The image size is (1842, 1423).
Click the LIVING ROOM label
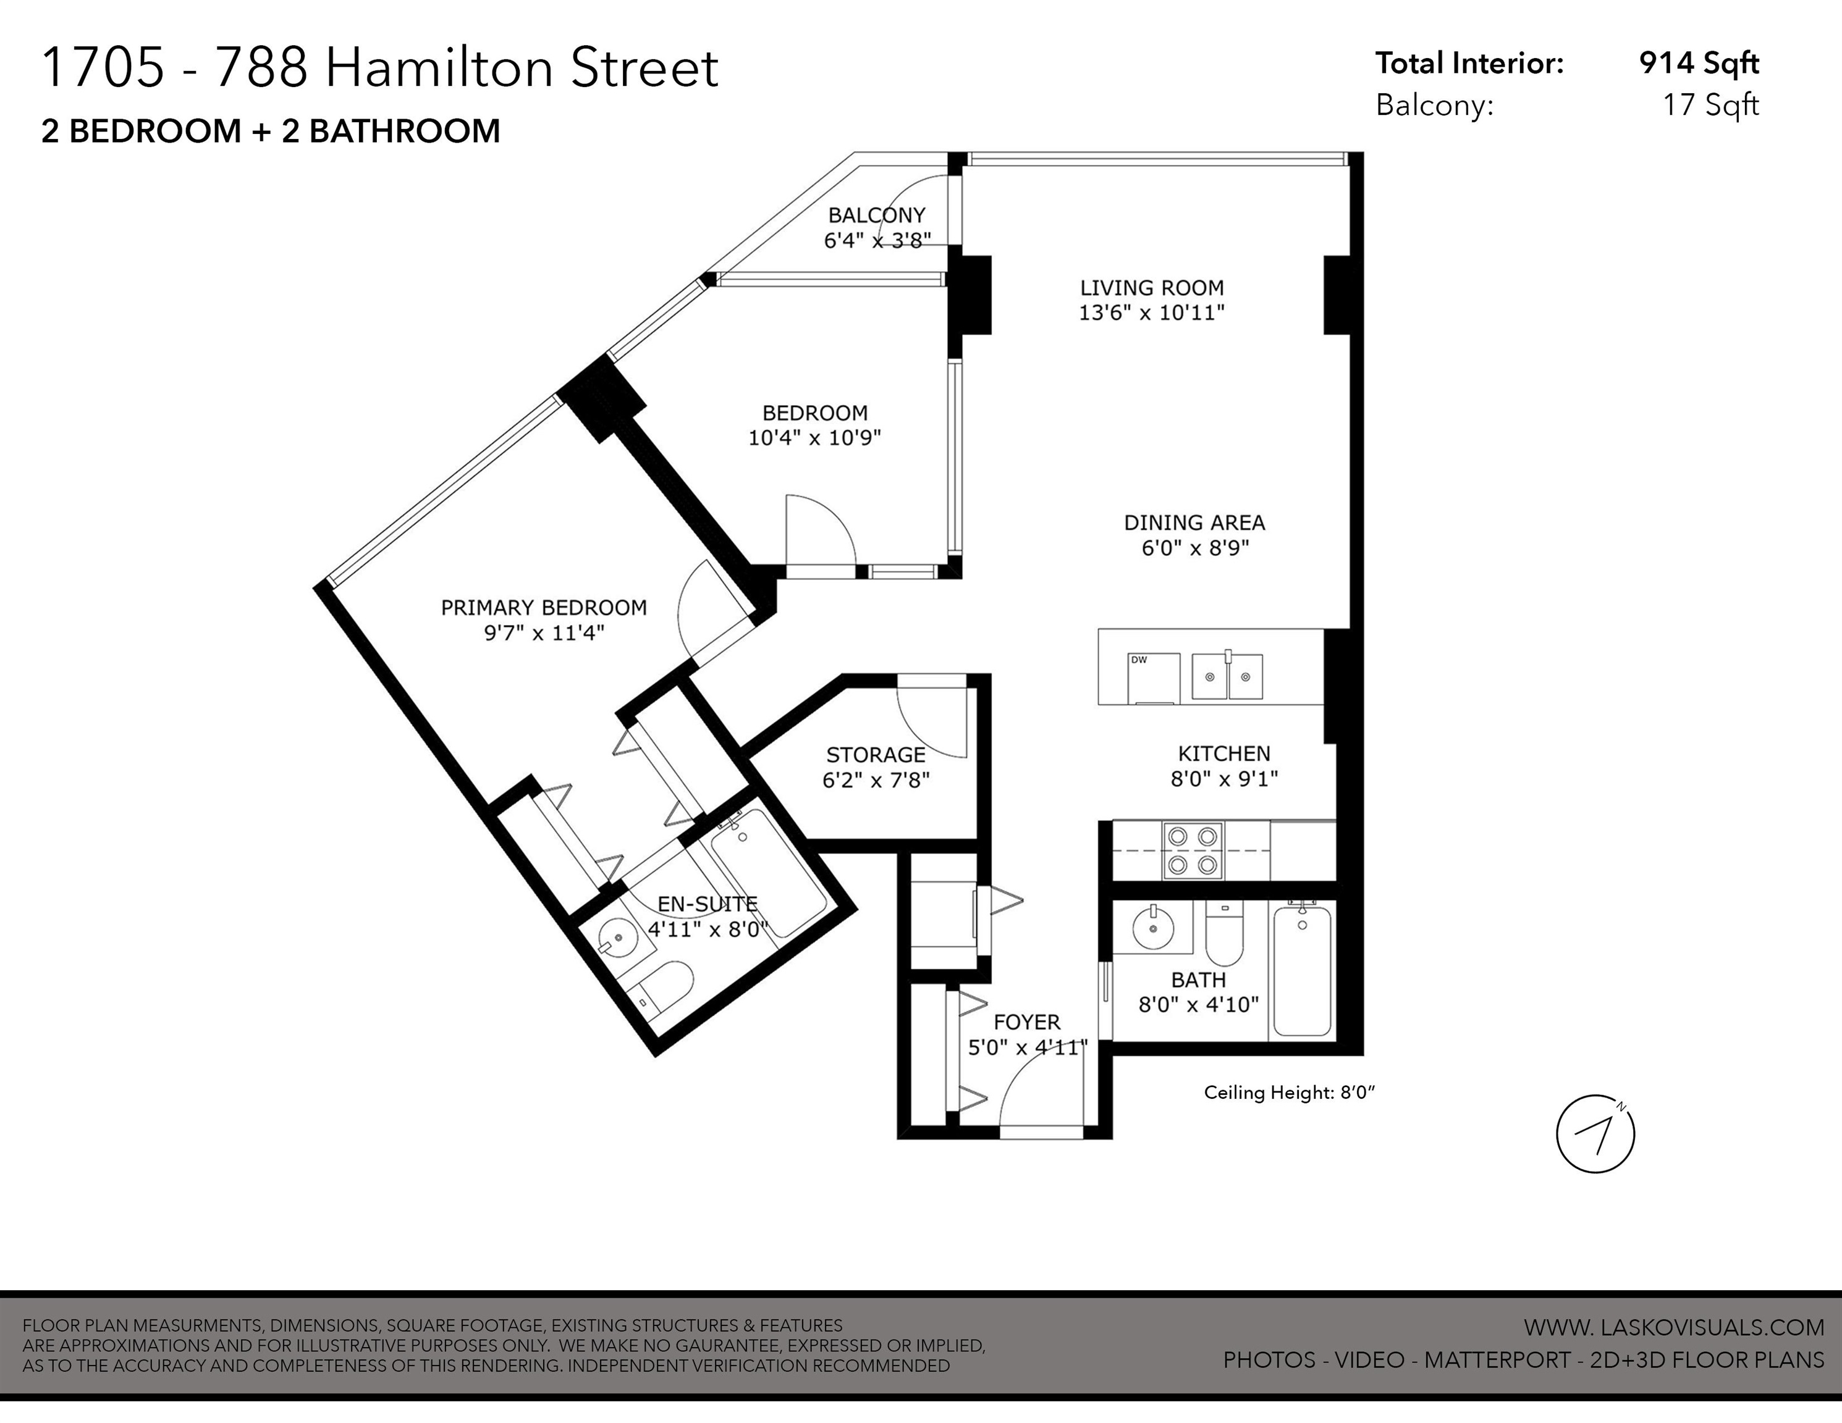1151,287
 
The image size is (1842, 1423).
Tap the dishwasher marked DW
1154,677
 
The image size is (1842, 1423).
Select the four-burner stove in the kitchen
1193,850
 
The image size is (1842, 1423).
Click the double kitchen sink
1227,676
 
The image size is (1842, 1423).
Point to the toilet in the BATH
1224,935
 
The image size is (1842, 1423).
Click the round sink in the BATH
1152,930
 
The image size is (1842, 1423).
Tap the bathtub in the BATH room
1302,970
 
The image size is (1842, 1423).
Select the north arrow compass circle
1595,1134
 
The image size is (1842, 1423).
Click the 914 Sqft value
1699,63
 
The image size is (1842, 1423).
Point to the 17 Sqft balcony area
1710,106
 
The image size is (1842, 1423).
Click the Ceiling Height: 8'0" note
1289,1093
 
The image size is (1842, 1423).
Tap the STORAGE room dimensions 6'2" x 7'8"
876,781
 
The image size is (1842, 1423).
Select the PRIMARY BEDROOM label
544,608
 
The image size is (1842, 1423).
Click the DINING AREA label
1194,523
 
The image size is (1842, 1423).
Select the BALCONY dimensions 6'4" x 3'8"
877,240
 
